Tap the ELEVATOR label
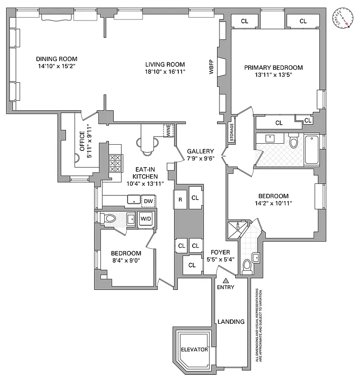point(194,350)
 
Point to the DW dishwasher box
point(148,202)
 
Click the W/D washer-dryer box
point(145,219)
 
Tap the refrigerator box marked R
point(180,199)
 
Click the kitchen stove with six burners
point(115,163)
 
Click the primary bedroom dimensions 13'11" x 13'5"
point(273,75)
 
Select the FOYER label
point(220,252)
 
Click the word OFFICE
point(82,141)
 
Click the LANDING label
point(230,322)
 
